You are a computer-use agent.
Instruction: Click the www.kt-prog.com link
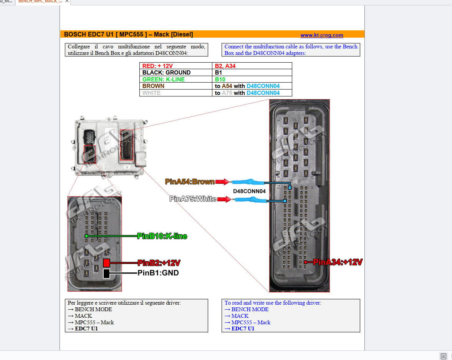click(x=321, y=35)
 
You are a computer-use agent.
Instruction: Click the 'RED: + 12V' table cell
click(x=157, y=66)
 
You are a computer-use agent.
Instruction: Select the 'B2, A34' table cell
click(x=225, y=66)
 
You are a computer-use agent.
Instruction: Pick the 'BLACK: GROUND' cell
click(x=166, y=73)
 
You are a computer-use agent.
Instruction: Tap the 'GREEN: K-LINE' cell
click(x=163, y=80)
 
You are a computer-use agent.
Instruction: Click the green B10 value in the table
click(x=220, y=80)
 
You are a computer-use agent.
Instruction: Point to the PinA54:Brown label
click(x=190, y=182)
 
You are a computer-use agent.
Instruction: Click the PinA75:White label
click(x=192, y=199)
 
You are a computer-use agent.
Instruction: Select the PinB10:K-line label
click(x=162, y=236)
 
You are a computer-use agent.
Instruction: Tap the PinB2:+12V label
click(x=159, y=263)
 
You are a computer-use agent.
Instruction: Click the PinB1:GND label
click(x=158, y=273)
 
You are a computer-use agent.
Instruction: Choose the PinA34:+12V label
click(x=338, y=262)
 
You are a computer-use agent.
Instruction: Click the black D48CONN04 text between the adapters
click(x=249, y=191)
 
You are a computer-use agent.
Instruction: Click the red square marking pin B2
click(x=106, y=263)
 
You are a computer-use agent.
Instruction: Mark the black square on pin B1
click(x=106, y=273)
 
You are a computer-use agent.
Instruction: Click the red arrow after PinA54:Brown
click(x=222, y=182)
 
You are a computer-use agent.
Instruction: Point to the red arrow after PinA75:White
click(x=224, y=199)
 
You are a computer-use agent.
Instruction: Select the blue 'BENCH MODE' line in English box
click(x=250, y=309)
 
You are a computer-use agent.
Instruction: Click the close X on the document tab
click(x=67, y=2)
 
